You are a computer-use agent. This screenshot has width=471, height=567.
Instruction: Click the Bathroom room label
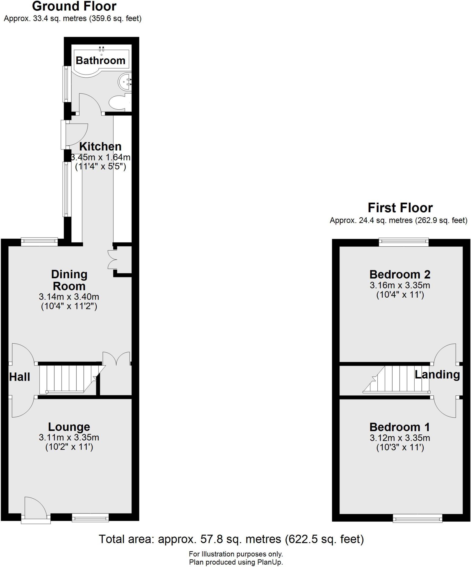coord(101,60)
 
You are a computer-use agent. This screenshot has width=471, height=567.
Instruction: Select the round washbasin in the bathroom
coord(125,82)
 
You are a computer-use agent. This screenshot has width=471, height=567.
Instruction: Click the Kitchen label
coord(100,146)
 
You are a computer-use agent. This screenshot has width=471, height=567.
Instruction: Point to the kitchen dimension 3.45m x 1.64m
coord(101,158)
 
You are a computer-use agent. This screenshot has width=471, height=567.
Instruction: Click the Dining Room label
coord(69,280)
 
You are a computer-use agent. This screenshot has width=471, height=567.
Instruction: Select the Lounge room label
coord(69,427)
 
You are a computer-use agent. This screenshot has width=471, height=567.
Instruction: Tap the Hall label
coord(20,377)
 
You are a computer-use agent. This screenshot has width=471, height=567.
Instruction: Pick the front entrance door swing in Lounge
coord(35,507)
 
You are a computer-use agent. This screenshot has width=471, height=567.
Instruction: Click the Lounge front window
coord(90,517)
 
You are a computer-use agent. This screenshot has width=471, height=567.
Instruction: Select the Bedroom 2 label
coord(400,275)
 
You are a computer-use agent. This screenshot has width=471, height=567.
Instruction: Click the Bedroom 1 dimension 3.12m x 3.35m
coord(400,438)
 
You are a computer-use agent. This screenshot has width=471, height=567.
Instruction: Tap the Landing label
coord(437,375)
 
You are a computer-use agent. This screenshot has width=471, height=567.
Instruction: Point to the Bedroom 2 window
coord(403,242)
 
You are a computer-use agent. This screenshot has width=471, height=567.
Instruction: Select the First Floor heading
coord(400,208)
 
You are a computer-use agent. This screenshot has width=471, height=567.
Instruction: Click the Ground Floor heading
coord(74,6)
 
